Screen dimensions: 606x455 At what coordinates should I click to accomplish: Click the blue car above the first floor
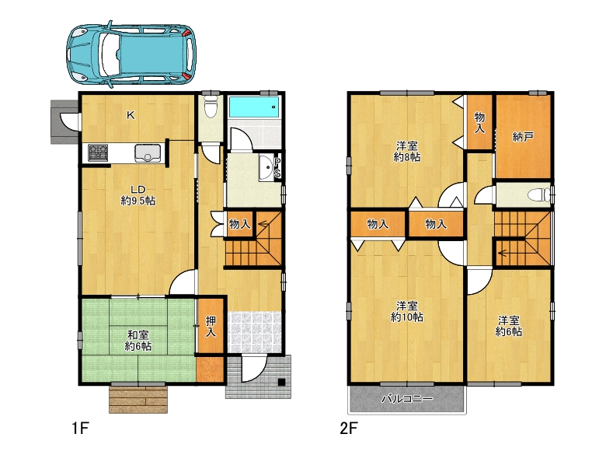pos(131,54)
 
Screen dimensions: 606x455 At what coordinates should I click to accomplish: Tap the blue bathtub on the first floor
pos(253,107)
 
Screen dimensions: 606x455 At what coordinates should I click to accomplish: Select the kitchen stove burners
pos(98,152)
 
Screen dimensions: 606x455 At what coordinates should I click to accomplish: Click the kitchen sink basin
pos(148,152)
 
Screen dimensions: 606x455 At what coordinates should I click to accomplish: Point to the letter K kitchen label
pos(131,115)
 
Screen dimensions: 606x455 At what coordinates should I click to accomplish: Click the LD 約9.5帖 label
pos(138,195)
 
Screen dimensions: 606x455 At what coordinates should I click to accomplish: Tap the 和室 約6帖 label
pos(138,341)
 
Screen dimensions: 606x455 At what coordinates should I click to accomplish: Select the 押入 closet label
pos(211,326)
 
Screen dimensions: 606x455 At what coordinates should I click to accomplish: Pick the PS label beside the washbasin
pos(277,168)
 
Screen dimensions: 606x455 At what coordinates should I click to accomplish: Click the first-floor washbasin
pos(266,168)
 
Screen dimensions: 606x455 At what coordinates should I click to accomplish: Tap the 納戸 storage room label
pos(524,137)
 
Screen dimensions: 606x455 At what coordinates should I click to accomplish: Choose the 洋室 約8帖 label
pos(407,152)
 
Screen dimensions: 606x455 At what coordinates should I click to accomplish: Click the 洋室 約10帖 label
pos(407,311)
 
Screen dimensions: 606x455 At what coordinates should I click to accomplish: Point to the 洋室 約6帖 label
pos(509,326)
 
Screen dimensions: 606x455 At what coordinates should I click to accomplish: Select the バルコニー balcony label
pos(407,398)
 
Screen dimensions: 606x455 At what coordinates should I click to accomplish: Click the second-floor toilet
pos(540,194)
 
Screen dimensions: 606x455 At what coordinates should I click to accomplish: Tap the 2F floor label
pos(349,429)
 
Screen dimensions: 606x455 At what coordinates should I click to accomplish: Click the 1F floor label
pos(80,429)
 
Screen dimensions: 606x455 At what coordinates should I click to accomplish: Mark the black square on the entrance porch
pos(281,382)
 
